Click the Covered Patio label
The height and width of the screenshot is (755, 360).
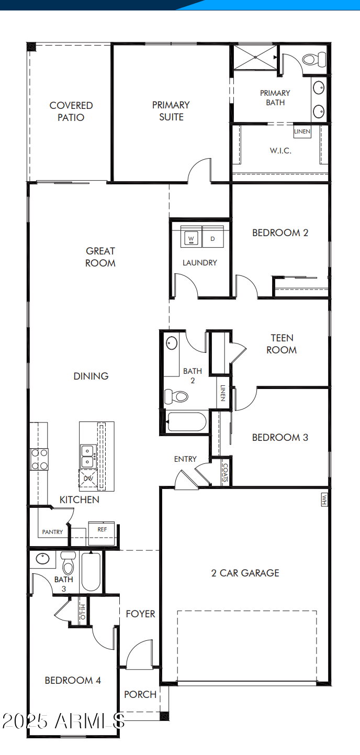[x=71, y=112]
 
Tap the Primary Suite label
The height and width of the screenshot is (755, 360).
[x=171, y=111]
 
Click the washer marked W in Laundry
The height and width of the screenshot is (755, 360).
[x=191, y=239]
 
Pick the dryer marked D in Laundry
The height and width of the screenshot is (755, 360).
[x=212, y=239]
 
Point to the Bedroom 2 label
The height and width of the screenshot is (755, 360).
[x=280, y=232]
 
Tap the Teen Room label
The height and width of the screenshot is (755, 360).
[x=282, y=344]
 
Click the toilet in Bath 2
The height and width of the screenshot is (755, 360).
[x=176, y=396]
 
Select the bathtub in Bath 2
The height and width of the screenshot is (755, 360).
[x=187, y=422]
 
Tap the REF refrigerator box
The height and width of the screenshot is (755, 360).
[x=102, y=529]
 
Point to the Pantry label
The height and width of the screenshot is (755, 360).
[x=52, y=532]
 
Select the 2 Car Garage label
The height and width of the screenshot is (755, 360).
[x=245, y=573]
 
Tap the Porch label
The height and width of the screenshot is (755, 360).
[x=140, y=694]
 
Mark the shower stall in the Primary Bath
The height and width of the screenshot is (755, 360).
[x=254, y=57]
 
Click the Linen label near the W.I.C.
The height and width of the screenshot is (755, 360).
[x=302, y=131]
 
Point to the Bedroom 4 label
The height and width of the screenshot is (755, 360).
[x=73, y=680]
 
